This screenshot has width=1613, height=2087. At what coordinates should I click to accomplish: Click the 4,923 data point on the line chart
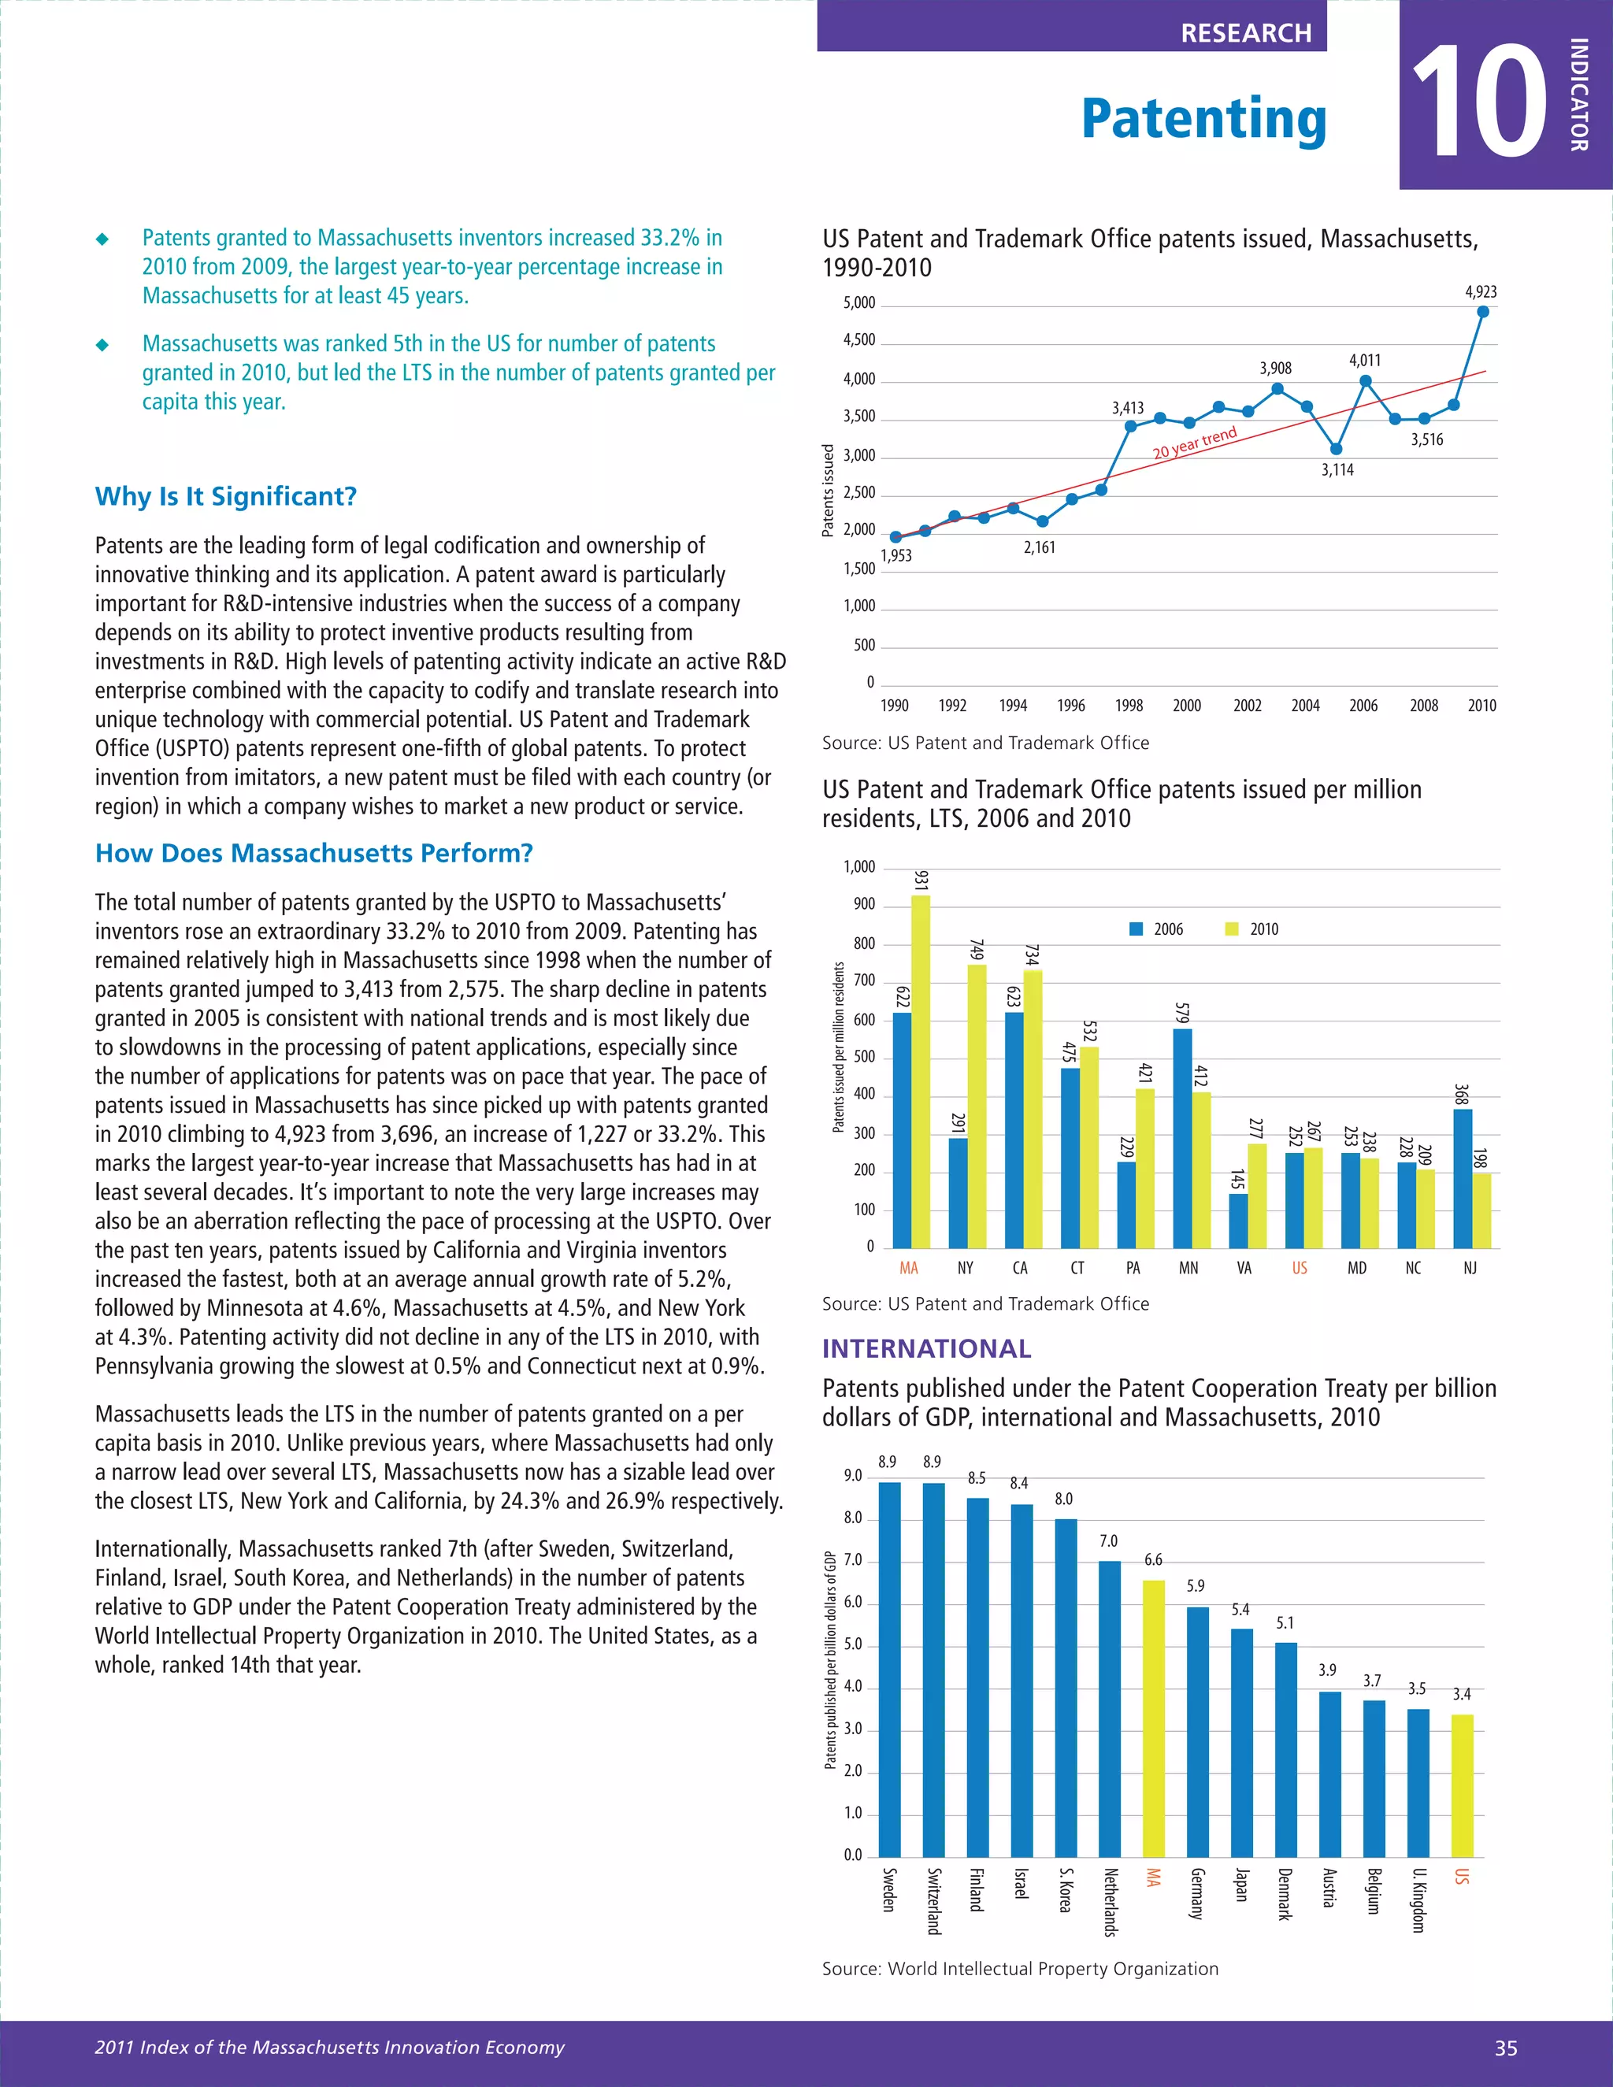tap(1482, 312)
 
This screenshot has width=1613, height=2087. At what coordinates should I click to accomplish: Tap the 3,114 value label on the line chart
tap(1337, 470)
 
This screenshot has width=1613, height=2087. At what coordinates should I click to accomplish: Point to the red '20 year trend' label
tap(1195, 443)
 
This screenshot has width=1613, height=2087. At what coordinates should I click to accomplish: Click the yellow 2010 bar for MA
tap(920, 1070)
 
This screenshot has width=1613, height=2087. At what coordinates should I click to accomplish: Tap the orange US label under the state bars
tap(1300, 1268)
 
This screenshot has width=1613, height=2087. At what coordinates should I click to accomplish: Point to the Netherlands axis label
tap(1111, 1902)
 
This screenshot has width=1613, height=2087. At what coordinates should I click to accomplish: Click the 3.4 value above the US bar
tap(1461, 1694)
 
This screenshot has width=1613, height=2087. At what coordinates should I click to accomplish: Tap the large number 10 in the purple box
tap(1478, 102)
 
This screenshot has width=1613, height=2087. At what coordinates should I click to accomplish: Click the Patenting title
tap(1203, 120)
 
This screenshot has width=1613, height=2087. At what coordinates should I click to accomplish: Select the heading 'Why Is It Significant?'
tap(225, 497)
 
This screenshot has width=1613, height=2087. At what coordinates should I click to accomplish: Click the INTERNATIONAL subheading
tap(926, 1348)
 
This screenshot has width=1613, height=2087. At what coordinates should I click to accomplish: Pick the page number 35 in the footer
tap(1505, 2048)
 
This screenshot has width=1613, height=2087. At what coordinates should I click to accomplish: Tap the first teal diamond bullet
tap(102, 239)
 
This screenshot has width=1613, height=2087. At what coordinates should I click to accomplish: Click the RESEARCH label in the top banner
tap(1245, 33)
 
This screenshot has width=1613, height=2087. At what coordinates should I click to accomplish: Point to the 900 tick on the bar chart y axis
tap(864, 905)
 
